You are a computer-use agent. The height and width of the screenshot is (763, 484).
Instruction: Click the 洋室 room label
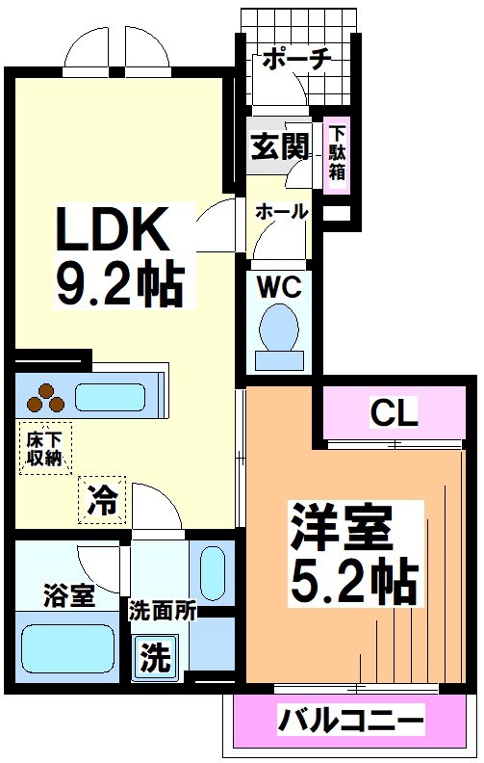[x=344, y=529]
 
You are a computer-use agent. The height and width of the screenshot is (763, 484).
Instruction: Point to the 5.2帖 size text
[x=352, y=579]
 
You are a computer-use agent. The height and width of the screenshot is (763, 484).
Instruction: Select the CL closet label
[x=395, y=414]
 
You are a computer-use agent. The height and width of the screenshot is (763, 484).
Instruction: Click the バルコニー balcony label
[x=351, y=719]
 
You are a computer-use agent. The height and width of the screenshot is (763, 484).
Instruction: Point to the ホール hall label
[x=281, y=211]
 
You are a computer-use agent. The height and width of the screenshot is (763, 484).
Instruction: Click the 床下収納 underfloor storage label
[x=44, y=449]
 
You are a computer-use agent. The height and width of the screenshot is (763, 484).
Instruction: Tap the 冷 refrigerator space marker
[x=102, y=499]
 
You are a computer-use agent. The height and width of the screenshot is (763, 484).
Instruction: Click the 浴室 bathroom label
[x=68, y=594]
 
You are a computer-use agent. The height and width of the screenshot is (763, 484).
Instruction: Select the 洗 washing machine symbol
[x=154, y=660]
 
